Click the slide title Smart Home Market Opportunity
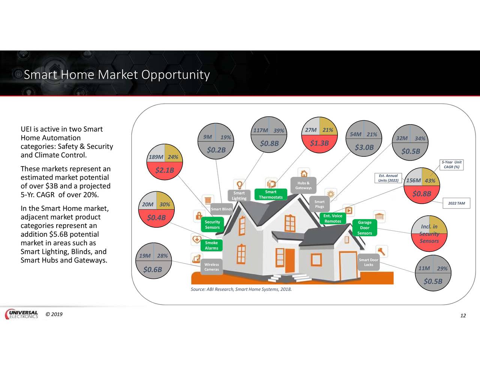(x=116, y=75)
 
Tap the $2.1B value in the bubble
(x=165, y=170)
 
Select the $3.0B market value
(x=364, y=147)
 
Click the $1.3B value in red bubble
(x=319, y=143)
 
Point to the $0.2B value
(x=216, y=150)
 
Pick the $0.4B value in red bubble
(x=156, y=218)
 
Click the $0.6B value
(x=152, y=269)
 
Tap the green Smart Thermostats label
(x=270, y=194)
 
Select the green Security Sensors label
(x=212, y=224)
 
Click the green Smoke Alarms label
(x=211, y=245)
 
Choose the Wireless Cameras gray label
(x=211, y=267)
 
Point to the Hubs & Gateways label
(x=303, y=185)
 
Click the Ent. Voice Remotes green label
(x=333, y=218)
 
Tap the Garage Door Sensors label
(x=364, y=228)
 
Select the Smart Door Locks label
(x=368, y=262)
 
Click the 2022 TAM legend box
(x=456, y=203)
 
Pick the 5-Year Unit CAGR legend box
(x=451, y=165)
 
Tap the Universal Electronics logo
(x=22, y=314)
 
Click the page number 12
(x=463, y=315)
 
